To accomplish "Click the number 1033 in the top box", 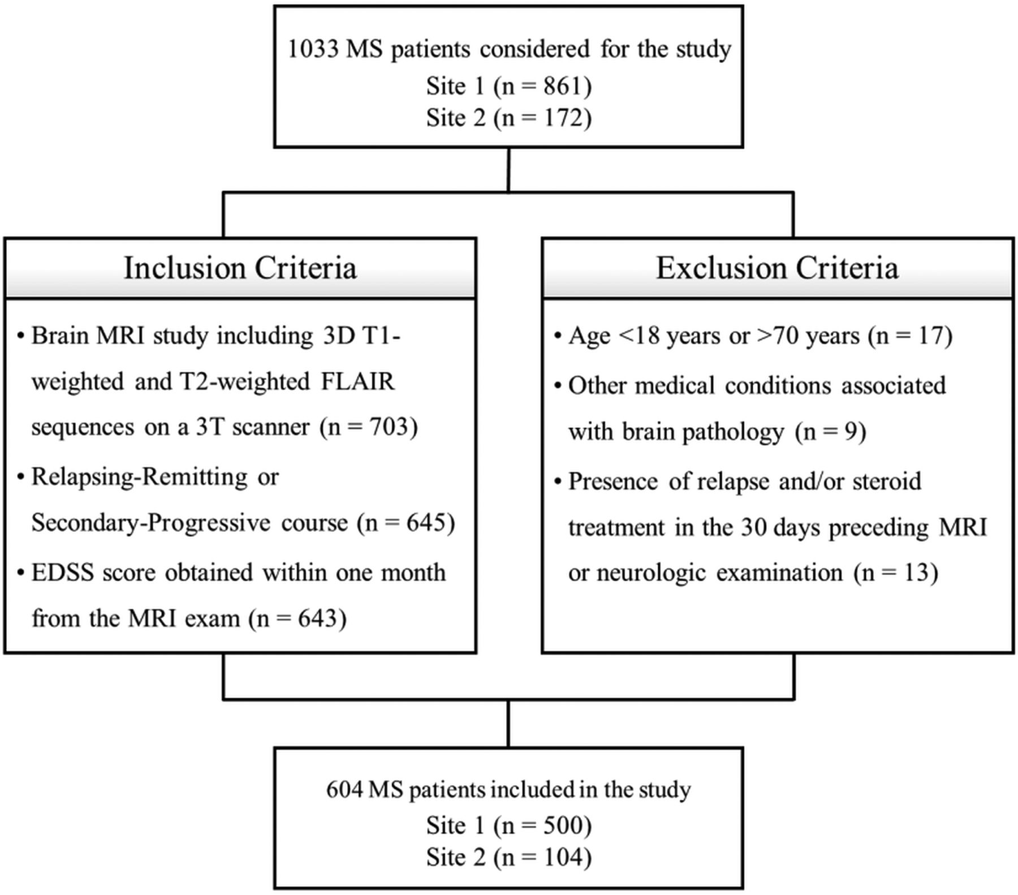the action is coord(313,49).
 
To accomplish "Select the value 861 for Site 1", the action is coord(563,86).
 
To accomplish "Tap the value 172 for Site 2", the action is coord(563,118).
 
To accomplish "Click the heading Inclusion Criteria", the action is coord(240,268).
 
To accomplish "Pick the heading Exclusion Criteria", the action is coord(777,268).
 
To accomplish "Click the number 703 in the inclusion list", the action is coord(389,427).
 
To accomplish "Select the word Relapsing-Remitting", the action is coord(140,477).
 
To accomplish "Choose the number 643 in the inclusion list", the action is coord(317,618).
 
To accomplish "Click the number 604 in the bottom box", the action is coord(344,790).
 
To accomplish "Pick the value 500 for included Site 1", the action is coord(563,826).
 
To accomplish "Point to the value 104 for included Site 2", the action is coord(563,858).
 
